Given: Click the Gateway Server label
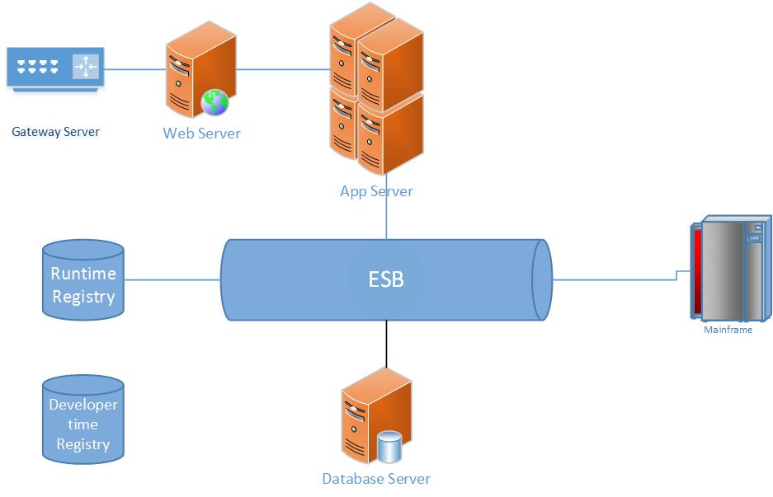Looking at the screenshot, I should point(55,132).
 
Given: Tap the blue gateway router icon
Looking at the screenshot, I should point(55,68).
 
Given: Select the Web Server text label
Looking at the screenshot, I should point(201,134).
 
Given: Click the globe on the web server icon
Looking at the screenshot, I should point(215,103).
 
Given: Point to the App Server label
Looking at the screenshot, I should point(376,191).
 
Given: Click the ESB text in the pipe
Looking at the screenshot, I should point(386,279).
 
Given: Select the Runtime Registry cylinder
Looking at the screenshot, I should point(82,279).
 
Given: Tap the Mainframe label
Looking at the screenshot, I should point(728,330).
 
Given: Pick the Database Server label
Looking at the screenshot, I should point(376,479).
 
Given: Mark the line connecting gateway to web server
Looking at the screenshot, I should point(135,68).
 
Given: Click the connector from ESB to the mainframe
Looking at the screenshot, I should point(615,279).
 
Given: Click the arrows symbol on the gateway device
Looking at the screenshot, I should point(85,66).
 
